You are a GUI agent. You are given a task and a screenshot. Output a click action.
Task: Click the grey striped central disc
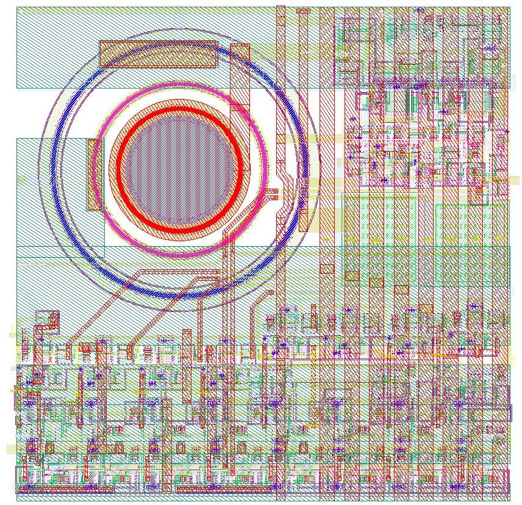coord(180,170)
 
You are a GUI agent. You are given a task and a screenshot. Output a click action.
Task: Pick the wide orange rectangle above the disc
coord(158,54)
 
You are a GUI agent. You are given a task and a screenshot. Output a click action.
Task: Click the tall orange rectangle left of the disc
coord(95,175)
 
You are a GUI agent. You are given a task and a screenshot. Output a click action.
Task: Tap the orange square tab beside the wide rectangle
coord(240,51)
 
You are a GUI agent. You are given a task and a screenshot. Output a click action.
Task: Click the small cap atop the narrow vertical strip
coord(303,10)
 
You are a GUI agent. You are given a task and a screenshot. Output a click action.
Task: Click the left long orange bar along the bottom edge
coord(66,489)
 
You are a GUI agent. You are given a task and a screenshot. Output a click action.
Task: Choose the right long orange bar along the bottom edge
coord(223,489)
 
